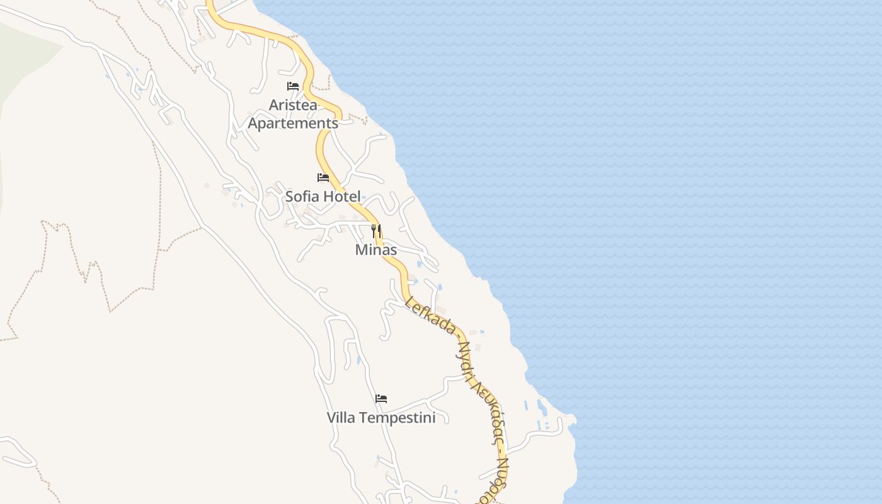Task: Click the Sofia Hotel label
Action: point(323,196)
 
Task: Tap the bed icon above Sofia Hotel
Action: point(323,178)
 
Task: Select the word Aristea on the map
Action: point(293,105)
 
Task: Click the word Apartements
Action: point(293,123)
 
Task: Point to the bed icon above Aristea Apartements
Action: point(293,86)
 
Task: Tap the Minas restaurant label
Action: point(376,249)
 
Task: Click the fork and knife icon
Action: point(376,231)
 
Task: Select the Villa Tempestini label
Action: point(381,418)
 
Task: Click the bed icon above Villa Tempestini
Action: point(381,399)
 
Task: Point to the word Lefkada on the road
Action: point(432,315)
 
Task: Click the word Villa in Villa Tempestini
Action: point(341,418)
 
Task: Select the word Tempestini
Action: point(397,418)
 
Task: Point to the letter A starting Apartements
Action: point(253,123)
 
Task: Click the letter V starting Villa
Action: point(331,418)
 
